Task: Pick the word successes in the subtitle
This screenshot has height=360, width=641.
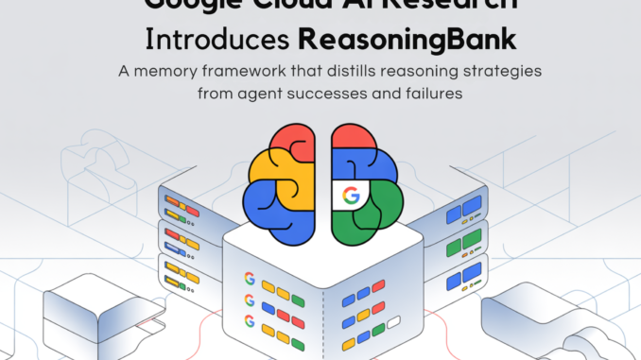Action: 332,94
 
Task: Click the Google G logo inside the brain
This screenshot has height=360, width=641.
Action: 351,197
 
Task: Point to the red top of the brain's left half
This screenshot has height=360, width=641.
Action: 284,142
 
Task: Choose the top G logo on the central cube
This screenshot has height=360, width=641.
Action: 250,280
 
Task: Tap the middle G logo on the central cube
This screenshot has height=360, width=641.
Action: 250,301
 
